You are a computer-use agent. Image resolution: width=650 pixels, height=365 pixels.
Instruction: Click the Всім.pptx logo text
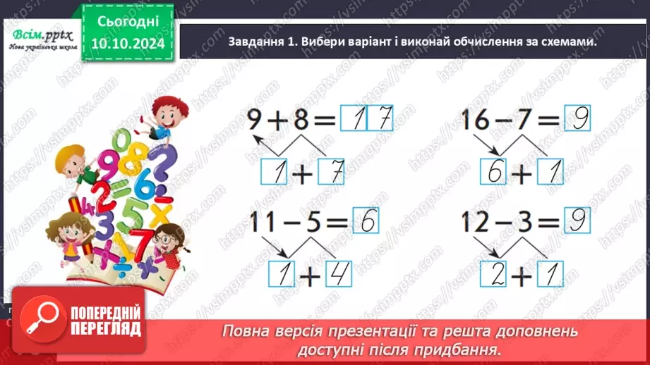coord(39,35)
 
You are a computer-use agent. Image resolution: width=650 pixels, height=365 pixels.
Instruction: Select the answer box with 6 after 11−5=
coord(365,223)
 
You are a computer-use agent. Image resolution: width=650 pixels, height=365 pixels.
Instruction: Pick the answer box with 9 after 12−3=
coord(577,223)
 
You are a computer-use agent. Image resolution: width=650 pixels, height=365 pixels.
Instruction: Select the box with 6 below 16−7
coord(493,171)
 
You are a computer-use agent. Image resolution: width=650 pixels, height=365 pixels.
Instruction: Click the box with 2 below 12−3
coord(493,274)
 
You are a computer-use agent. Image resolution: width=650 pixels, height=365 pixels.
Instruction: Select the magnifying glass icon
coord(42,318)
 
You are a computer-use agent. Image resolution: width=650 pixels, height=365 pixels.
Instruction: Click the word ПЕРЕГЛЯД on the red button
coord(105,328)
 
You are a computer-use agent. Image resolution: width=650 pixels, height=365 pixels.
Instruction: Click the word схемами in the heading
coord(565,42)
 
